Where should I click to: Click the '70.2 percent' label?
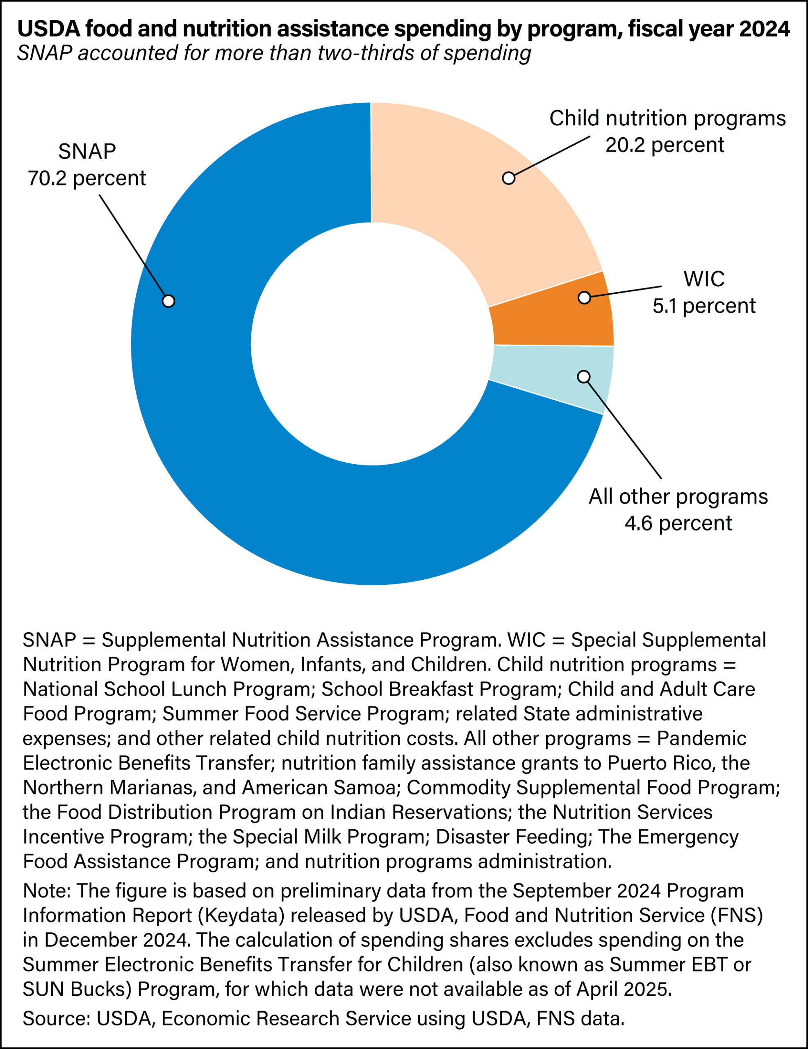(86, 178)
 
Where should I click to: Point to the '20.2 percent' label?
(665, 145)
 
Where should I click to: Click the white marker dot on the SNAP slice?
(168, 301)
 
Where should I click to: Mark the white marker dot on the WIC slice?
(584, 298)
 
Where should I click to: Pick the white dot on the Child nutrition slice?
(508, 178)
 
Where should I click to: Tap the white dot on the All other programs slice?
(584, 377)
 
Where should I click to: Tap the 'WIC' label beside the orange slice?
(704, 279)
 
